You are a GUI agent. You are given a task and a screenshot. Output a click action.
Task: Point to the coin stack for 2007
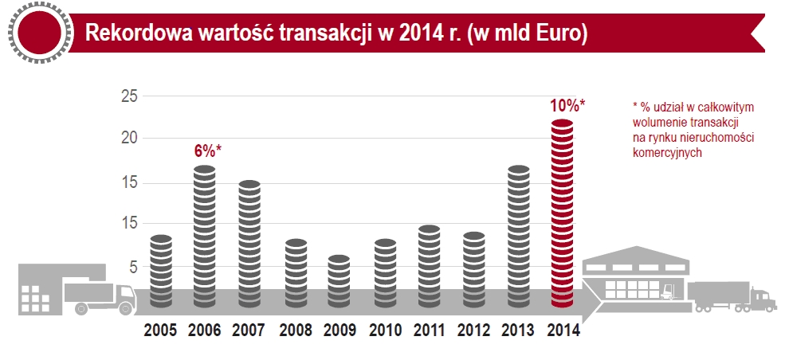pyautogui.click(x=250, y=244)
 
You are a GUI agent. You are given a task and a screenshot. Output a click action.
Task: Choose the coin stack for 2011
pyautogui.click(x=430, y=266)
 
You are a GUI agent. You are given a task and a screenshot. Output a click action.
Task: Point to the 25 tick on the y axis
pyautogui.click(x=129, y=97)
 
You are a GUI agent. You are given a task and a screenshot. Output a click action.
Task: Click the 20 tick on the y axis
pyautogui.click(x=129, y=138)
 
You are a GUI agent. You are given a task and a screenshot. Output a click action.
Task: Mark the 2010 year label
pyautogui.click(x=385, y=330)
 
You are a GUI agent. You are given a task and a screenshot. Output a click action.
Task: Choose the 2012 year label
pyautogui.click(x=474, y=330)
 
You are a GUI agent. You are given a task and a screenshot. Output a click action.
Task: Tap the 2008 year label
pyautogui.click(x=296, y=330)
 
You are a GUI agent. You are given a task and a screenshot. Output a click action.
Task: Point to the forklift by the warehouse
pyautogui.click(x=671, y=288)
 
